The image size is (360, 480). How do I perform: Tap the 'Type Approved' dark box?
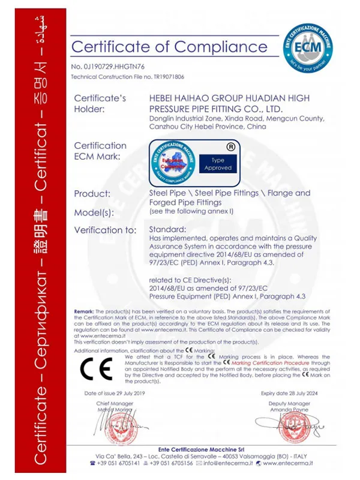point(218,164)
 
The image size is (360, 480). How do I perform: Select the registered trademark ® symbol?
point(230,146)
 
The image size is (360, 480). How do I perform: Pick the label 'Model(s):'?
point(94,212)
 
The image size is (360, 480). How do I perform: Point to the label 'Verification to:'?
point(105,230)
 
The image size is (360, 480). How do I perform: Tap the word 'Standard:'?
point(167,230)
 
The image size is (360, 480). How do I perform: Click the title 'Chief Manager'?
point(115,404)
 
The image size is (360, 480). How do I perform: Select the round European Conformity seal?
point(172,162)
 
